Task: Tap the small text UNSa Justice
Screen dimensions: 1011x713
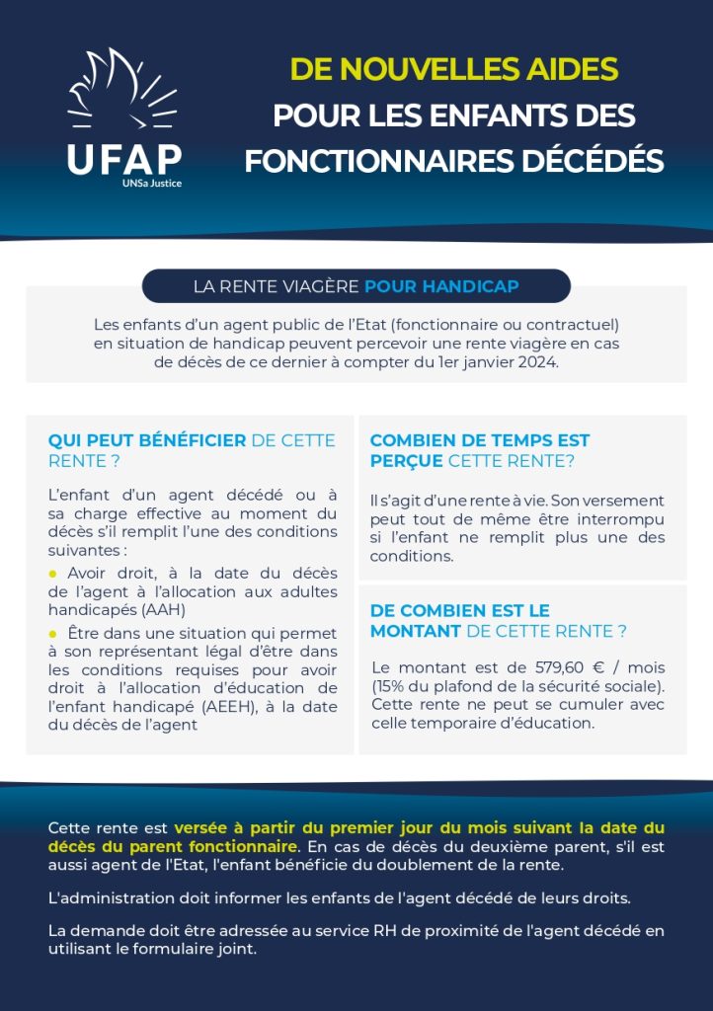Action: click(151, 183)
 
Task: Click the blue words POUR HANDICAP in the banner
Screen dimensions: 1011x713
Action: click(441, 286)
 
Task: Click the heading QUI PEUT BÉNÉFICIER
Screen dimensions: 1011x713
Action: click(147, 440)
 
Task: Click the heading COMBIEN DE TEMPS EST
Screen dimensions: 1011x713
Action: click(480, 440)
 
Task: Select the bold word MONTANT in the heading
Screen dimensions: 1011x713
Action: click(415, 630)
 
